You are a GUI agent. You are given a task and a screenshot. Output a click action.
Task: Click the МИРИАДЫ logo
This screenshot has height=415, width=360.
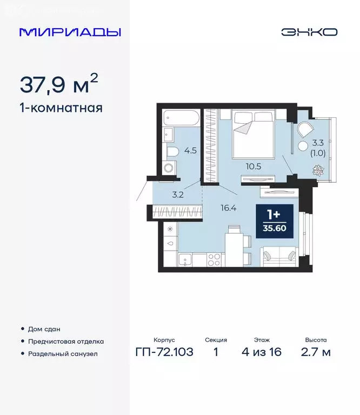click(x=70, y=32)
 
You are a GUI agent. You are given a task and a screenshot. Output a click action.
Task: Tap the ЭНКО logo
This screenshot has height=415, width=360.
click(x=309, y=32)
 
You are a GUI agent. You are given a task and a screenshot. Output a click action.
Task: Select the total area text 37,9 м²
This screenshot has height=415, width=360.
click(x=59, y=84)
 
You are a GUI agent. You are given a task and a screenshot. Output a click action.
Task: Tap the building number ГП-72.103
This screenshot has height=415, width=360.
click(x=164, y=352)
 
